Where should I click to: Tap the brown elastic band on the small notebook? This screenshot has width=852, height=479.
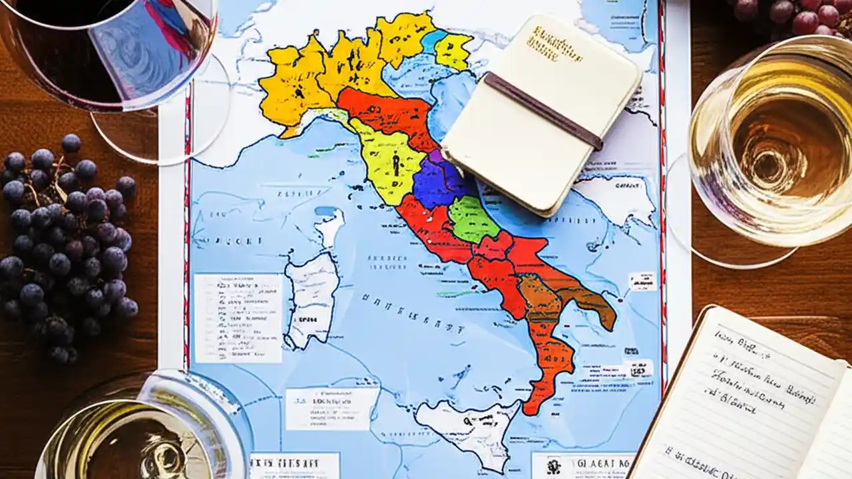pyautogui.click(x=542, y=110)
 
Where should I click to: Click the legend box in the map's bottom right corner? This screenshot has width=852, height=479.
pyautogui.click(x=582, y=464)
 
